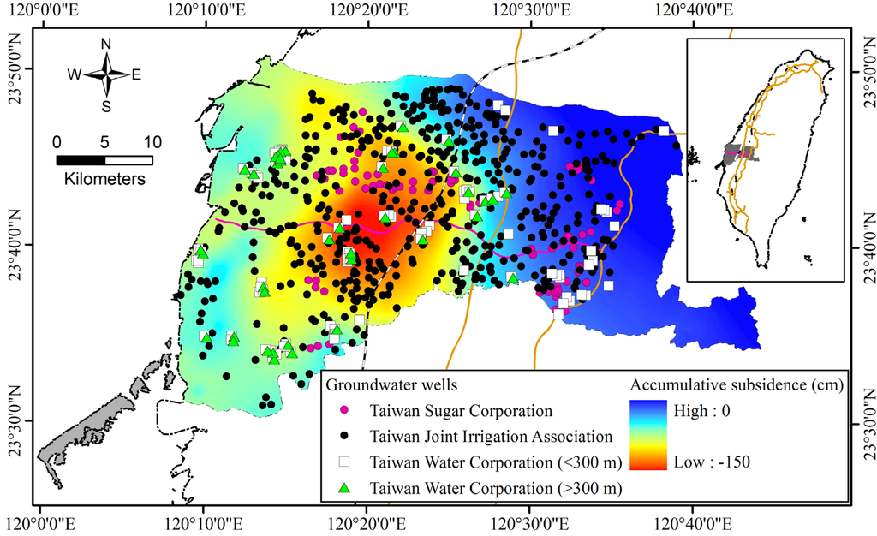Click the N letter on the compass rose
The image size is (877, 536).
click(106, 44)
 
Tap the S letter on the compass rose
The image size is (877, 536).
click(106, 106)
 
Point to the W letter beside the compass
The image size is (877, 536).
click(75, 74)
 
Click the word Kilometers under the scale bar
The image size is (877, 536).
click(104, 180)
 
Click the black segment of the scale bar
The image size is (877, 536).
click(81, 160)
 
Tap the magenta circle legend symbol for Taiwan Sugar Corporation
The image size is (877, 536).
click(343, 412)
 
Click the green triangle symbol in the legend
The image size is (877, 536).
click(343, 488)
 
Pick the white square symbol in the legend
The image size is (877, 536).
click(343, 462)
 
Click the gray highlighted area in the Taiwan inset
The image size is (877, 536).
click(740, 154)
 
